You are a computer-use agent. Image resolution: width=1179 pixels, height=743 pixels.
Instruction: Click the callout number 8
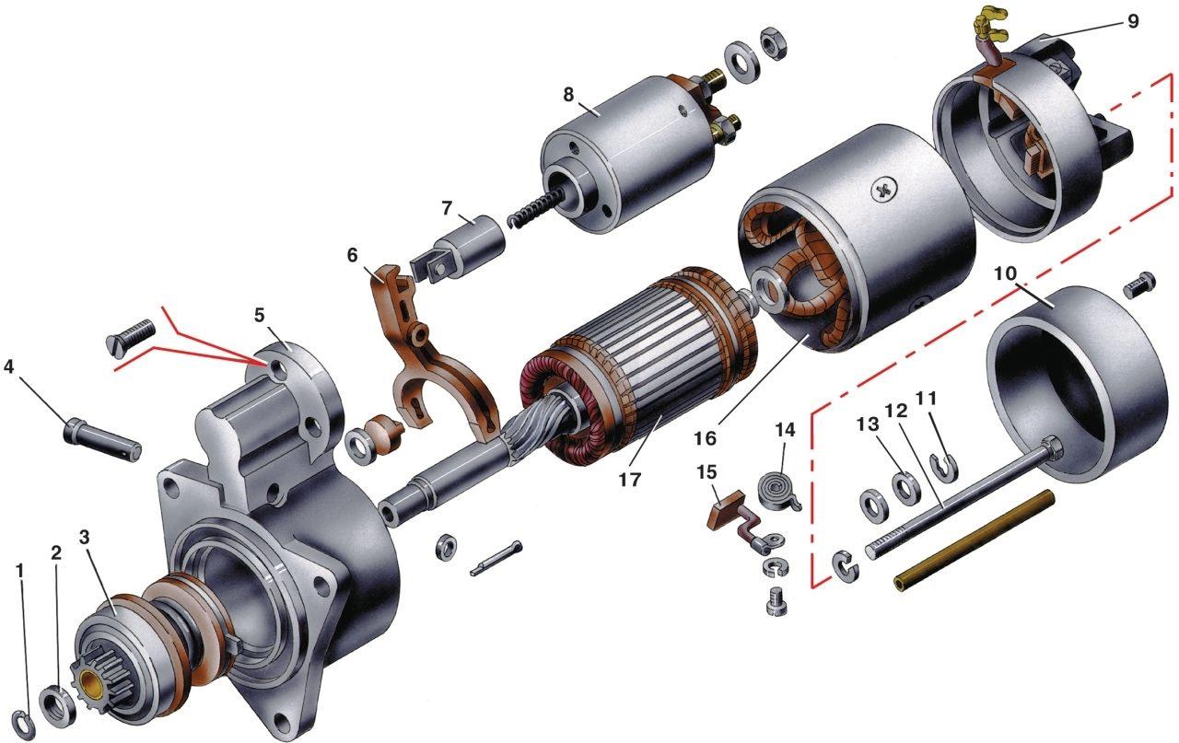click(568, 95)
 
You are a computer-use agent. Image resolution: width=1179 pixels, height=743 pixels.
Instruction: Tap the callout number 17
click(630, 479)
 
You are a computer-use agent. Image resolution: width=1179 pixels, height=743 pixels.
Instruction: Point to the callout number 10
click(1006, 273)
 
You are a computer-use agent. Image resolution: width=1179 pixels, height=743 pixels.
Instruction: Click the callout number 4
click(8, 366)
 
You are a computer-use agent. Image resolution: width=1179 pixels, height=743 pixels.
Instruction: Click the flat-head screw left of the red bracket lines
click(131, 338)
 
